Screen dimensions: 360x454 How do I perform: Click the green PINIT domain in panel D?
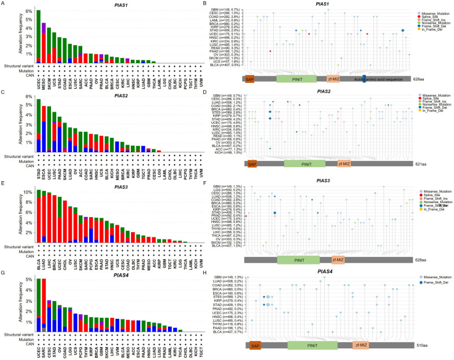tap(297, 164)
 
